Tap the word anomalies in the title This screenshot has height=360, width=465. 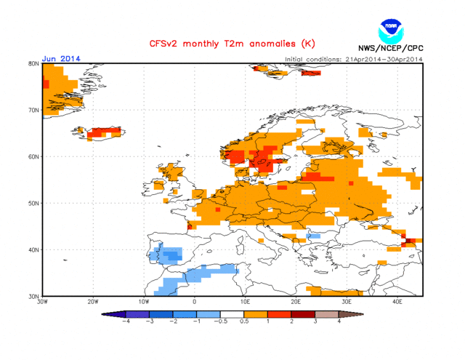click(x=268, y=44)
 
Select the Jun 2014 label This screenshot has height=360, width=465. click(x=61, y=59)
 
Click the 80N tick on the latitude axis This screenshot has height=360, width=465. click(x=33, y=63)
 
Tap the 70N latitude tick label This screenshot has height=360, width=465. click(x=33, y=110)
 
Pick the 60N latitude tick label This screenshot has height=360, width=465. click(x=33, y=156)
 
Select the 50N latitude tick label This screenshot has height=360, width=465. click(x=33, y=203)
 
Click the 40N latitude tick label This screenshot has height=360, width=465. click(x=33, y=249)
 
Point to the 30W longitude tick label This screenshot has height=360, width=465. click(x=42, y=302)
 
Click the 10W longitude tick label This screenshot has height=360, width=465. click(x=144, y=302)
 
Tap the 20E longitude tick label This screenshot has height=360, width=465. click(x=296, y=302)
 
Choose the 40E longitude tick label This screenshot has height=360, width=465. click(x=397, y=302)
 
